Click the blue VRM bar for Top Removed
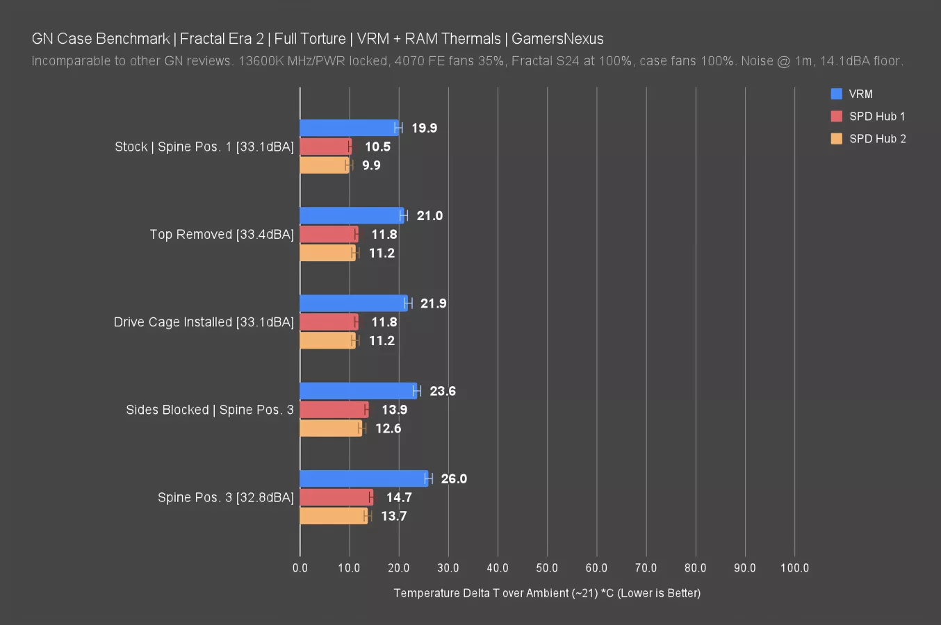coord(351,215)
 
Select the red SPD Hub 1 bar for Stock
coord(325,147)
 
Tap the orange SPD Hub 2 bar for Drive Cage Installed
coord(327,340)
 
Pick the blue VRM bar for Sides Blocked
coord(358,391)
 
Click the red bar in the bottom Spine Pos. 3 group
coord(336,497)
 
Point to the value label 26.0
coord(454,479)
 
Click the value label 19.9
coord(424,128)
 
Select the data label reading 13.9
coord(394,410)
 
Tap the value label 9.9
coord(371,165)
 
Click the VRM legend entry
coord(860,94)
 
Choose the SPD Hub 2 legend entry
coord(877,139)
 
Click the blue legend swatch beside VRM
coord(837,94)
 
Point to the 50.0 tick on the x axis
coord(547,568)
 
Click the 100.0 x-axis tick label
coord(794,568)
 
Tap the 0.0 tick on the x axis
coord(300,568)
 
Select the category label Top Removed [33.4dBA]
coord(222,235)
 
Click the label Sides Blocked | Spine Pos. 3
coord(210,410)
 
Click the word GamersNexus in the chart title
coord(557,39)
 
